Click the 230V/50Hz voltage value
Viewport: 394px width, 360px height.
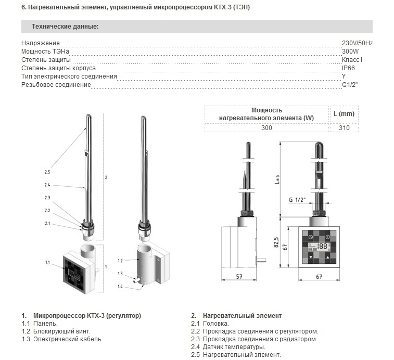pyautogui.click(x=357, y=43)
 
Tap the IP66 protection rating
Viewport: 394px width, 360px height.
pyautogui.click(x=348, y=68)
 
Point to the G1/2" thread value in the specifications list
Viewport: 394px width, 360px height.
pyautogui.click(x=350, y=84)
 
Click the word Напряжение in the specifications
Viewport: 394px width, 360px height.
pyautogui.click(x=41, y=43)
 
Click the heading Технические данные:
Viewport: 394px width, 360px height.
pyautogui.click(x=65, y=26)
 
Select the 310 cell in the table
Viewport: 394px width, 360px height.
pyautogui.click(x=344, y=128)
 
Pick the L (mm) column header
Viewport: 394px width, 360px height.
pyautogui.click(x=344, y=114)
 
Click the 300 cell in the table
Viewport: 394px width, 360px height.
pyautogui.click(x=266, y=128)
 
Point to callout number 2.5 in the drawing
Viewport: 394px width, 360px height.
pyautogui.click(x=47, y=172)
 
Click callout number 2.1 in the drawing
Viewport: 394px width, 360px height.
pyautogui.click(x=47, y=223)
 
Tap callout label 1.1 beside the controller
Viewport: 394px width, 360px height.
pyautogui.click(x=47, y=263)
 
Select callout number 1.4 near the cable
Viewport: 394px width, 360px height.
pyautogui.click(x=120, y=286)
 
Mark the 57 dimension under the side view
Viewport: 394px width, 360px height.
pyautogui.click(x=239, y=277)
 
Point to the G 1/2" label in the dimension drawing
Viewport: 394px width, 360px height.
pyautogui.click(x=297, y=200)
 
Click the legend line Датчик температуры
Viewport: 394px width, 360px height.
pyautogui.click(x=228, y=346)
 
